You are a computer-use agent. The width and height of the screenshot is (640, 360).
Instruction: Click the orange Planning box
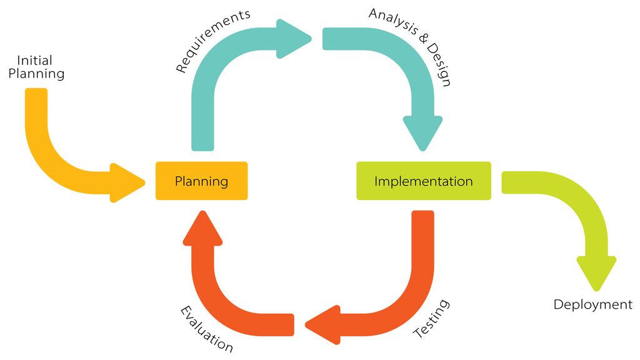[x=201, y=181]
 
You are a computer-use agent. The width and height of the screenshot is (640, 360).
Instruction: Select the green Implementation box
[x=423, y=181]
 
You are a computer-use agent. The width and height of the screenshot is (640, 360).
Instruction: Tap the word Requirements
[x=212, y=41]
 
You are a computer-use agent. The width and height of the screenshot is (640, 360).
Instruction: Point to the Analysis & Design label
[x=409, y=47]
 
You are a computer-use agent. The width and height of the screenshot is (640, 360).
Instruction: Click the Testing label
[x=432, y=319]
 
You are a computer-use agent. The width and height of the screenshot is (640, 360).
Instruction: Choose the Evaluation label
[x=207, y=329]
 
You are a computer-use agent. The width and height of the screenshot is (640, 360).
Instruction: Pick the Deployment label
[x=592, y=304]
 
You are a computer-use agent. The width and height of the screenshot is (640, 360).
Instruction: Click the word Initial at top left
[x=34, y=61]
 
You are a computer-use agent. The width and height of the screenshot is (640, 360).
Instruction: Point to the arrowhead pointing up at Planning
[x=202, y=228]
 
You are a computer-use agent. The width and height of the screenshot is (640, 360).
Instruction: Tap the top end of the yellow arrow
[x=36, y=92]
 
